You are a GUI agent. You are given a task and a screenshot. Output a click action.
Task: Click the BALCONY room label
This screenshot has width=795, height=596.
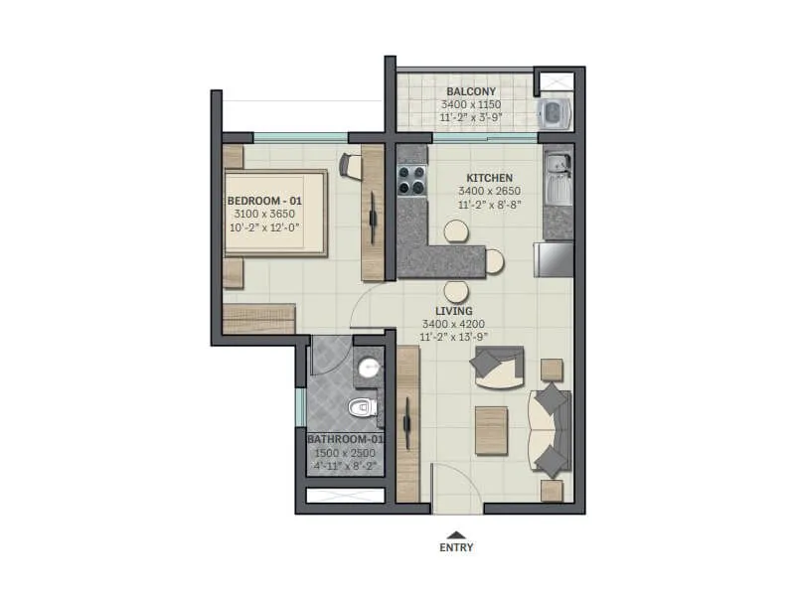471,91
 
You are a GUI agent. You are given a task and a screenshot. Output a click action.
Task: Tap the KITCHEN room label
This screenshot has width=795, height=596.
489,178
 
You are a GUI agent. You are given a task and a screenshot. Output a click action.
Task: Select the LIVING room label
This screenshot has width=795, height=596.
454,311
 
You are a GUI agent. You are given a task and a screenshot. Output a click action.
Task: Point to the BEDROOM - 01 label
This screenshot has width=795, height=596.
264,201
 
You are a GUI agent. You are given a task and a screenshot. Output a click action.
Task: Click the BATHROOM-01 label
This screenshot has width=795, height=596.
345,439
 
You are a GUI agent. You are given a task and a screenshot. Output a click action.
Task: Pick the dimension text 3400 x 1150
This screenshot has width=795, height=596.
471,105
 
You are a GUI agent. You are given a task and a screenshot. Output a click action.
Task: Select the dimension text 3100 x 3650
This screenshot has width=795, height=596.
264,214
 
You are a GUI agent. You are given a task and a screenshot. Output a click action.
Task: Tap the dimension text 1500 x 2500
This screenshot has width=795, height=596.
345,453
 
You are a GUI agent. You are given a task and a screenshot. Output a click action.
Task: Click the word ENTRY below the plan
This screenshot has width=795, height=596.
456,547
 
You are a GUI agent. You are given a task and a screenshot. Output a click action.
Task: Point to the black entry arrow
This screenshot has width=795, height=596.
456,534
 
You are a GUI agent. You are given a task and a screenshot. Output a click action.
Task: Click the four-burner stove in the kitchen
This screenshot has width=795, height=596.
411,180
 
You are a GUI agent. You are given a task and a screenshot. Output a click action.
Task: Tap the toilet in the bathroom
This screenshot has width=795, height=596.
364,407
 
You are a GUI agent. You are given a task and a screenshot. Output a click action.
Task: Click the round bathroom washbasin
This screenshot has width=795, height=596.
368,368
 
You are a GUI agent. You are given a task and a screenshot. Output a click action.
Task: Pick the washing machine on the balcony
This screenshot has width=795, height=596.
555,113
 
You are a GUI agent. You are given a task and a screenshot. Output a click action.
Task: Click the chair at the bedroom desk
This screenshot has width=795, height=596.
350,166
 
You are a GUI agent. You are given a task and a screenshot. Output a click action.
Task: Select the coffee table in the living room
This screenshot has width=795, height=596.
491,431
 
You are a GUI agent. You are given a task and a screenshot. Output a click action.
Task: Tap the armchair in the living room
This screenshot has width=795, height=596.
497,367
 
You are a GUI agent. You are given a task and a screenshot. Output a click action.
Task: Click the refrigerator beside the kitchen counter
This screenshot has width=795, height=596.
554,259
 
